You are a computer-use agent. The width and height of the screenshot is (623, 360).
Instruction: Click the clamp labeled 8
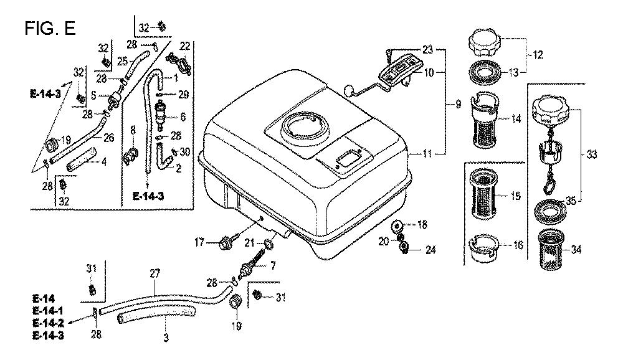click(133, 154)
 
